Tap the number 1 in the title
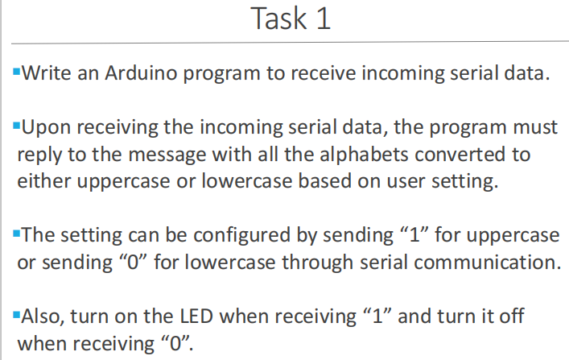322,19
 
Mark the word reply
39,155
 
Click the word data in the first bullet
529,75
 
